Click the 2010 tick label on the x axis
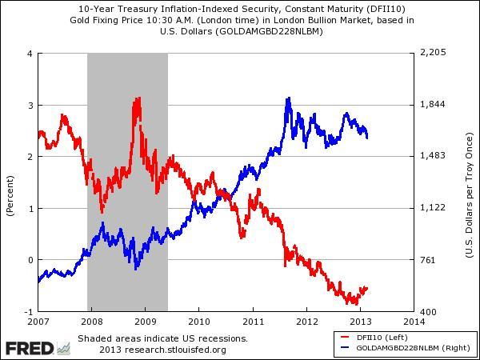198,322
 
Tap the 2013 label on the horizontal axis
360,322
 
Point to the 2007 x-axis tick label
38,322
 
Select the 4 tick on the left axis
29,54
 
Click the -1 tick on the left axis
27,311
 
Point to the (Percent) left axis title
10,197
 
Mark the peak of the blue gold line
288,98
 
